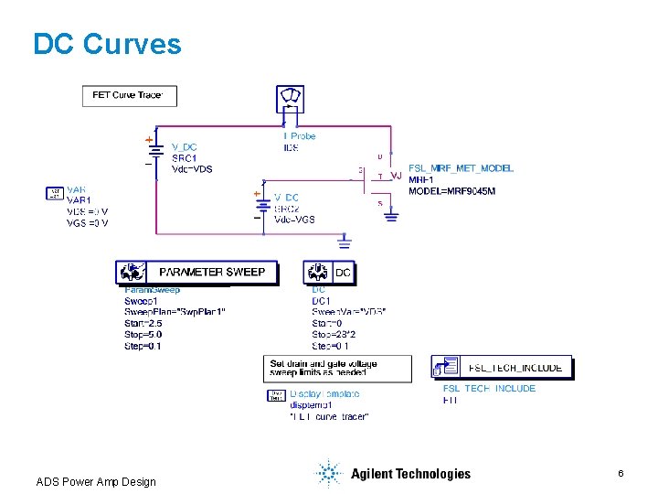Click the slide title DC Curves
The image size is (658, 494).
coord(107,44)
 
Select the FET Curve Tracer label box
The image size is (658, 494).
coord(129,96)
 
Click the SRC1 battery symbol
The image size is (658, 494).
coord(155,155)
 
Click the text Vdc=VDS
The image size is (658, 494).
coord(192,168)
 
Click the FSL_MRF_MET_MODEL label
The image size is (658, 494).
coord(461,168)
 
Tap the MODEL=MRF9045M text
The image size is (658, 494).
coord(451,191)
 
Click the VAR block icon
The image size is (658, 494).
coord(54,194)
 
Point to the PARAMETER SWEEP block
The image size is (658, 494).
coord(196,272)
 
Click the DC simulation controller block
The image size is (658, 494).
coord(330,272)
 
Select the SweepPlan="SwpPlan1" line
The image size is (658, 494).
coord(175,312)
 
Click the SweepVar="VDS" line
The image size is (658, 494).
coord(348,312)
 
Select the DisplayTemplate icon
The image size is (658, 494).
coord(275,395)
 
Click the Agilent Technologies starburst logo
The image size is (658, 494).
coord(327,473)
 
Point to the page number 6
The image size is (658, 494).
coord(621,473)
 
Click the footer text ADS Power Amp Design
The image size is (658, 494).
coord(96,482)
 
